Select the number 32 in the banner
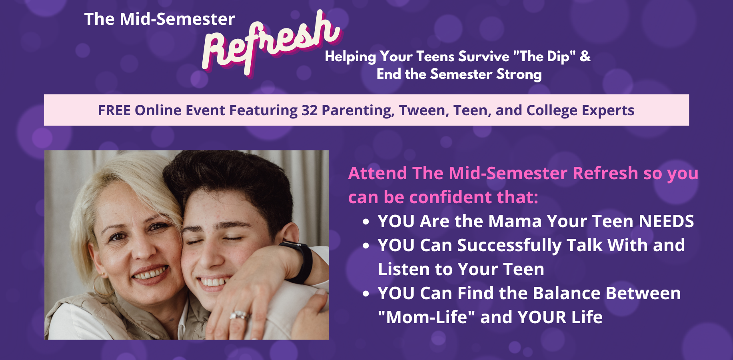click(x=310, y=110)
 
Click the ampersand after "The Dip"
click(x=585, y=56)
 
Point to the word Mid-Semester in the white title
click(x=177, y=19)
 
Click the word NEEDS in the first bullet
click(x=666, y=221)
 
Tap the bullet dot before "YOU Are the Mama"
click(x=366, y=222)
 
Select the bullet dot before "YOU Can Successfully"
click(x=366, y=246)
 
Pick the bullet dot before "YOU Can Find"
click(x=366, y=294)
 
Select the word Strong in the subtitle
click(x=519, y=74)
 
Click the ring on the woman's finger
click(x=239, y=315)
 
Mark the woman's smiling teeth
click(x=150, y=274)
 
